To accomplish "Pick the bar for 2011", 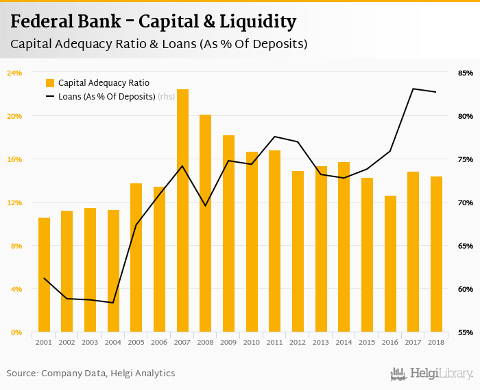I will point(275,241).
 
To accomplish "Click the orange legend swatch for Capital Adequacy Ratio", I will point(49,83).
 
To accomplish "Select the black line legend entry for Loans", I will point(49,97).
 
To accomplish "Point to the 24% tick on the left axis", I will point(14,73).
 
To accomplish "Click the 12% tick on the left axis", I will point(14,203).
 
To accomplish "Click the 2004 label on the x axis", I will point(113,342).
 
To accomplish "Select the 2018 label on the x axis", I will point(436,342).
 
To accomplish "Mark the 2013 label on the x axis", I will point(321,342).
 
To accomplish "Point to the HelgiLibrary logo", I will point(432,374).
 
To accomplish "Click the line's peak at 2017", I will point(413,89).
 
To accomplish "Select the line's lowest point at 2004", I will point(113,303).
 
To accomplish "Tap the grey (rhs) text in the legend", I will point(166,97).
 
